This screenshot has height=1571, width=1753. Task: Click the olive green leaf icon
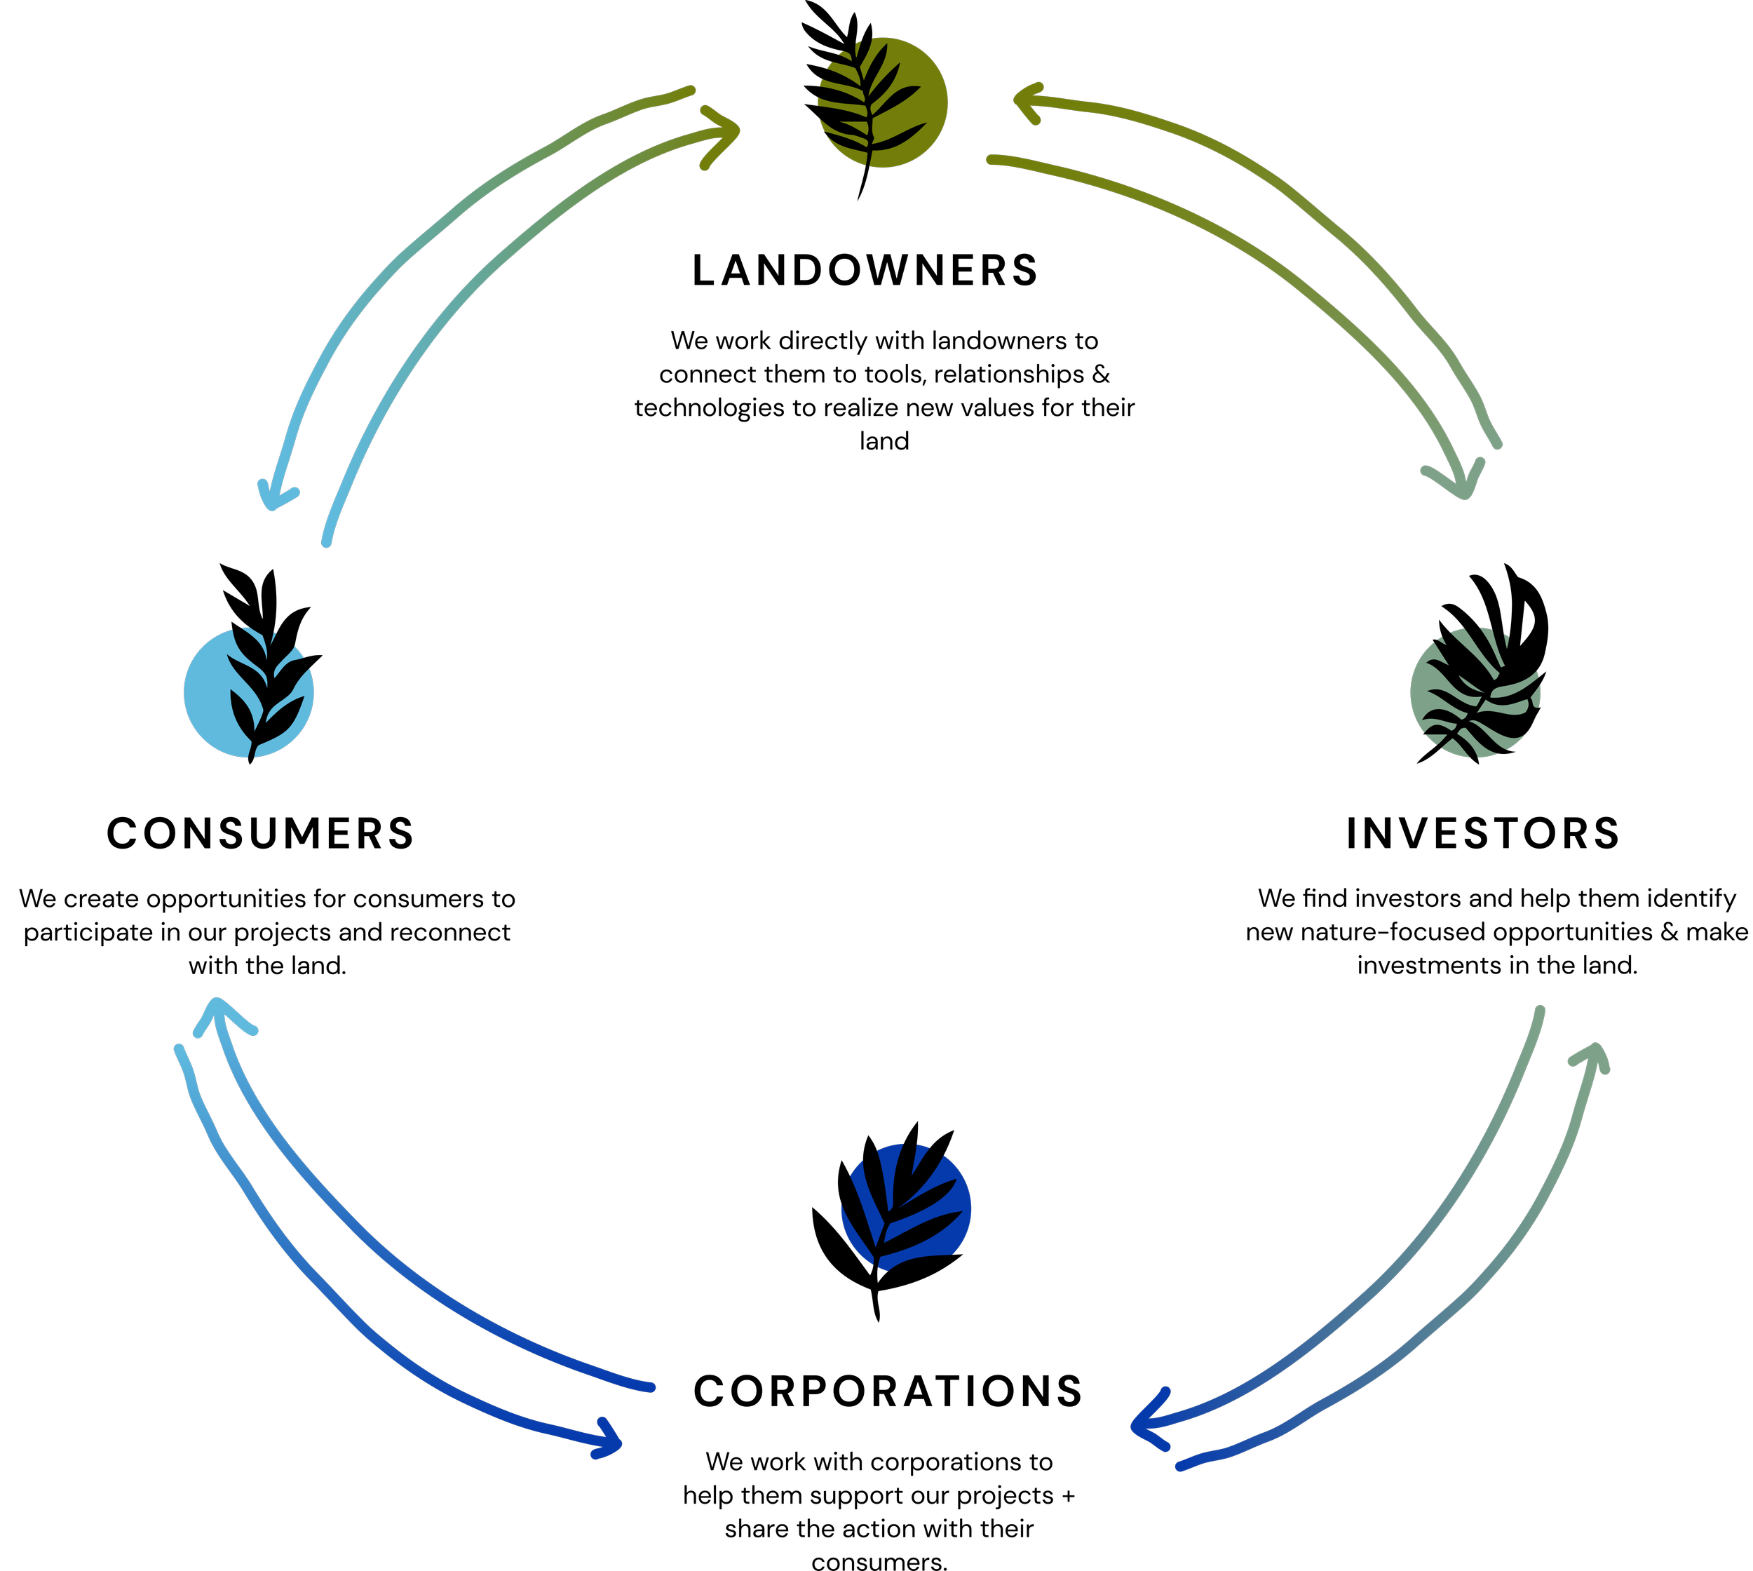pyautogui.click(x=882, y=102)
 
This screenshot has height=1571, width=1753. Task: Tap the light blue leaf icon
pyautogui.click(x=249, y=692)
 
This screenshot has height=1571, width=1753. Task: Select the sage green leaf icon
pyautogui.click(x=1475, y=693)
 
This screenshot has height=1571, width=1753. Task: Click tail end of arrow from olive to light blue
pyautogui.click(x=691, y=90)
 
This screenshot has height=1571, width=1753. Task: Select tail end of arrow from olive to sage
pyautogui.click(x=991, y=160)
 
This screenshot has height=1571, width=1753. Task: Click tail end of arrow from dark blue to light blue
pyautogui.click(x=651, y=1388)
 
